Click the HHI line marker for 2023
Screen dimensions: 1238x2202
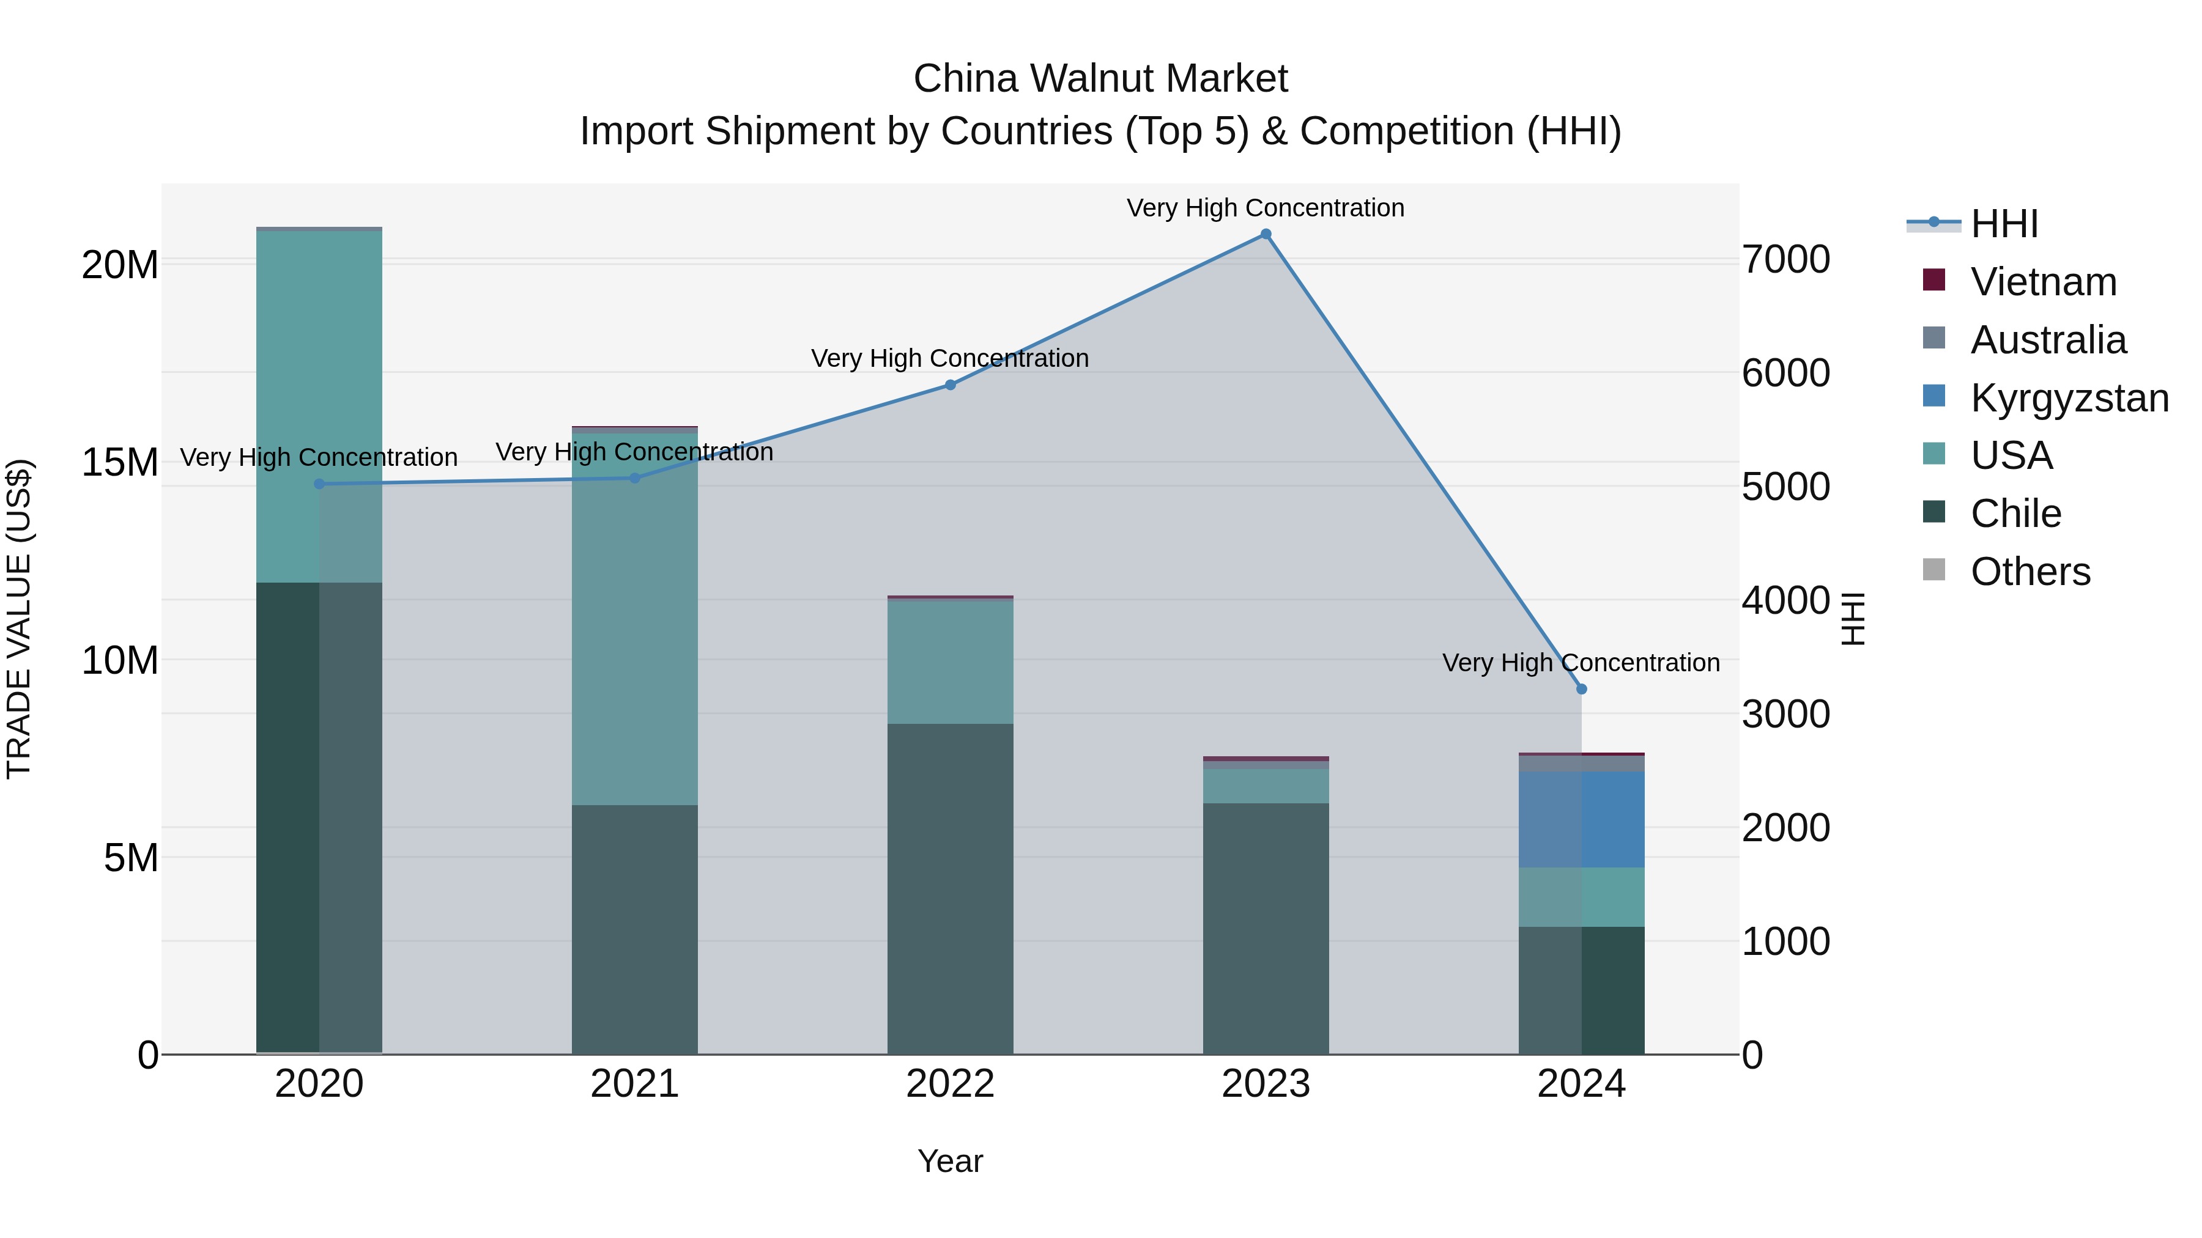tap(1266, 234)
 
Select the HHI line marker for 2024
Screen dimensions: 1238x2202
tap(1581, 688)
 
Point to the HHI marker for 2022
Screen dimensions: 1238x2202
tap(950, 385)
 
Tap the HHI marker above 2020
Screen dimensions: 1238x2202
tap(319, 484)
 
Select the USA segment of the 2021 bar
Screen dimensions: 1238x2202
tap(634, 619)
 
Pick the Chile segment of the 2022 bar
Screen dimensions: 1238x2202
tap(950, 888)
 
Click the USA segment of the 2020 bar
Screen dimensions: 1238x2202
tap(319, 407)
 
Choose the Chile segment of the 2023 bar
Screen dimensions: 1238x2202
tap(1266, 929)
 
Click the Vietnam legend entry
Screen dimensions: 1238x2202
tap(2043, 282)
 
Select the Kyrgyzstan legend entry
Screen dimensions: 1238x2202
tap(2069, 398)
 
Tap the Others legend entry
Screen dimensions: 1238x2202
tap(2030, 572)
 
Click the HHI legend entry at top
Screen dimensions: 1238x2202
tap(2004, 224)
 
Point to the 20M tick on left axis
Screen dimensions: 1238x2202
tap(120, 265)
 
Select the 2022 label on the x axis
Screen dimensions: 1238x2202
tap(950, 1084)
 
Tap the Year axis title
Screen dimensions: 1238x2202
tap(950, 1161)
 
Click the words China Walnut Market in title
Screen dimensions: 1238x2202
tap(1100, 79)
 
